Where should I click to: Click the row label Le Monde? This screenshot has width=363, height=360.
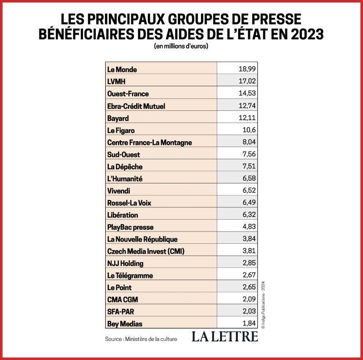(x=122, y=69)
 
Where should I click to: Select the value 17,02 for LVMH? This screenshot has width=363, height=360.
(x=247, y=81)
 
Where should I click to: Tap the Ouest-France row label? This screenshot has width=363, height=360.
(x=128, y=94)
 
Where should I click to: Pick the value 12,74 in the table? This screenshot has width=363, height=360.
(x=247, y=106)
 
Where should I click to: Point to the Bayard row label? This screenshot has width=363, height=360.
(x=118, y=118)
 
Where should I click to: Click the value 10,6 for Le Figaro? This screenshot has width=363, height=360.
(x=249, y=130)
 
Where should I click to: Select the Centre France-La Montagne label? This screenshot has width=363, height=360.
(x=149, y=142)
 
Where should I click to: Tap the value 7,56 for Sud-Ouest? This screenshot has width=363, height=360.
(x=249, y=154)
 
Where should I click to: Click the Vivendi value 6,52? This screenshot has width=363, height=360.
(x=249, y=191)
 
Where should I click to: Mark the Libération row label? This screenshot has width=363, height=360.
(x=123, y=215)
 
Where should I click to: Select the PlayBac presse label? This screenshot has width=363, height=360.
(x=130, y=227)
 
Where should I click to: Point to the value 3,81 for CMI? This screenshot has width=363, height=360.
(x=249, y=251)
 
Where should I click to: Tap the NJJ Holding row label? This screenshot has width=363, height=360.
(x=125, y=263)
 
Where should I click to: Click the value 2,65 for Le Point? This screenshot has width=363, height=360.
(x=249, y=287)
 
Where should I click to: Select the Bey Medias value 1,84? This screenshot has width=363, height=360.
(x=249, y=324)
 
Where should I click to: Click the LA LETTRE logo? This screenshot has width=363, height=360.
(x=224, y=336)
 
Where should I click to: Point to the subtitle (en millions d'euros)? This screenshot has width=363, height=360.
(x=181, y=46)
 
